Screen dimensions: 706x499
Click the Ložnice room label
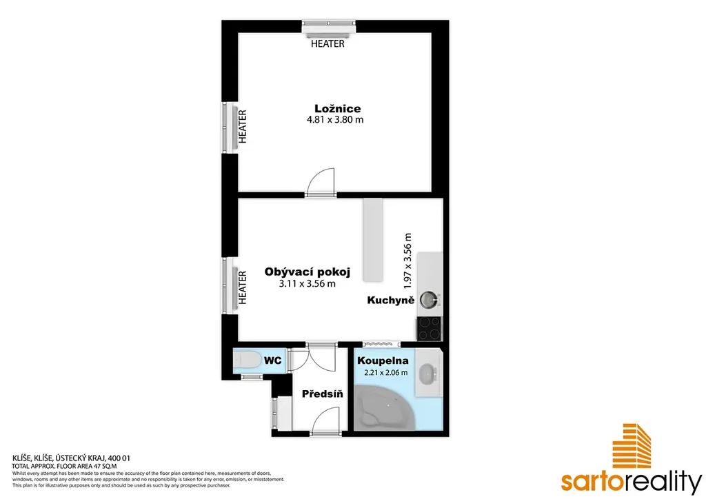[337, 108]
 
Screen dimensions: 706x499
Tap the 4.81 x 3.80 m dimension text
[335, 120]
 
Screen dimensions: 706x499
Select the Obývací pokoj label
[307, 272]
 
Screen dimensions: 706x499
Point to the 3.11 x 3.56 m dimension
[307, 283]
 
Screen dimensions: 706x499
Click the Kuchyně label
[390, 300]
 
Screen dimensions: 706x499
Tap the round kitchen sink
[428, 299]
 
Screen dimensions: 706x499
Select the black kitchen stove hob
[430, 329]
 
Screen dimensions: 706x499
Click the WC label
[273, 360]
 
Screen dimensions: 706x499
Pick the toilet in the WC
[247, 360]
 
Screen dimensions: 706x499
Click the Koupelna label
[383, 360]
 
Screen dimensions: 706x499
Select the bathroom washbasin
[426, 374]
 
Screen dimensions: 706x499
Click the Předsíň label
[323, 394]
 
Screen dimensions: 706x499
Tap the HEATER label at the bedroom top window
[327, 43]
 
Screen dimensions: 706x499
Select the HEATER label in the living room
[243, 287]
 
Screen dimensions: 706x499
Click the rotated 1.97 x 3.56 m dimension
[407, 261]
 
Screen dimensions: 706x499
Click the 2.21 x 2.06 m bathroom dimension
[386, 372]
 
